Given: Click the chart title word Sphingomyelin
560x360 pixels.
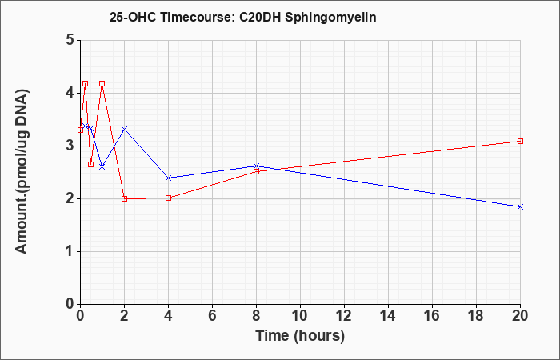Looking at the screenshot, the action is point(330,18).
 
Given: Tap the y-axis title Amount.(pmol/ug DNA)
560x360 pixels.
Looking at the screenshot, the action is point(22,171).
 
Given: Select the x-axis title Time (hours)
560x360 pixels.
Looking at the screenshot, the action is point(300,336).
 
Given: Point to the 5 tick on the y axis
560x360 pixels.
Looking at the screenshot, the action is point(70,40).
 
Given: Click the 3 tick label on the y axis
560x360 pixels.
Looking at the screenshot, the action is point(70,146).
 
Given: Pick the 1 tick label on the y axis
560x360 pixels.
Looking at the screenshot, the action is point(70,251).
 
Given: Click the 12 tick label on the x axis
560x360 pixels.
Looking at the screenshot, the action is point(344,316).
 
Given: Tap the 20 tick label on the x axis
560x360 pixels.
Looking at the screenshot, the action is point(520,316).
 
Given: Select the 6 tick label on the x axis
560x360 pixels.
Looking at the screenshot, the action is point(212,316).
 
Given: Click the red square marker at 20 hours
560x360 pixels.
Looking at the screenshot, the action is point(520,141).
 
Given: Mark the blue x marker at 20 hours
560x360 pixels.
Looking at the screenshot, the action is point(520,206).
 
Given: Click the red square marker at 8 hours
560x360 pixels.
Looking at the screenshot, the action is point(257,171).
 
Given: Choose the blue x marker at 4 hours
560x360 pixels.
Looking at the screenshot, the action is point(169,178).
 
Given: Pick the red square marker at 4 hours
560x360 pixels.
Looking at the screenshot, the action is point(169,198).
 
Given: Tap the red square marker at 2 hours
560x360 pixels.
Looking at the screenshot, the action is point(124,198).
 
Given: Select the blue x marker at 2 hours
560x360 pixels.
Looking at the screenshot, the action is point(124,129).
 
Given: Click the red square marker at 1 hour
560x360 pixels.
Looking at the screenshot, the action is point(102,83).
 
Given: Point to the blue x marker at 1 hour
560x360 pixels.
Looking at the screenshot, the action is point(102,166).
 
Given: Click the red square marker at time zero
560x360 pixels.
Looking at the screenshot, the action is point(80,130).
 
